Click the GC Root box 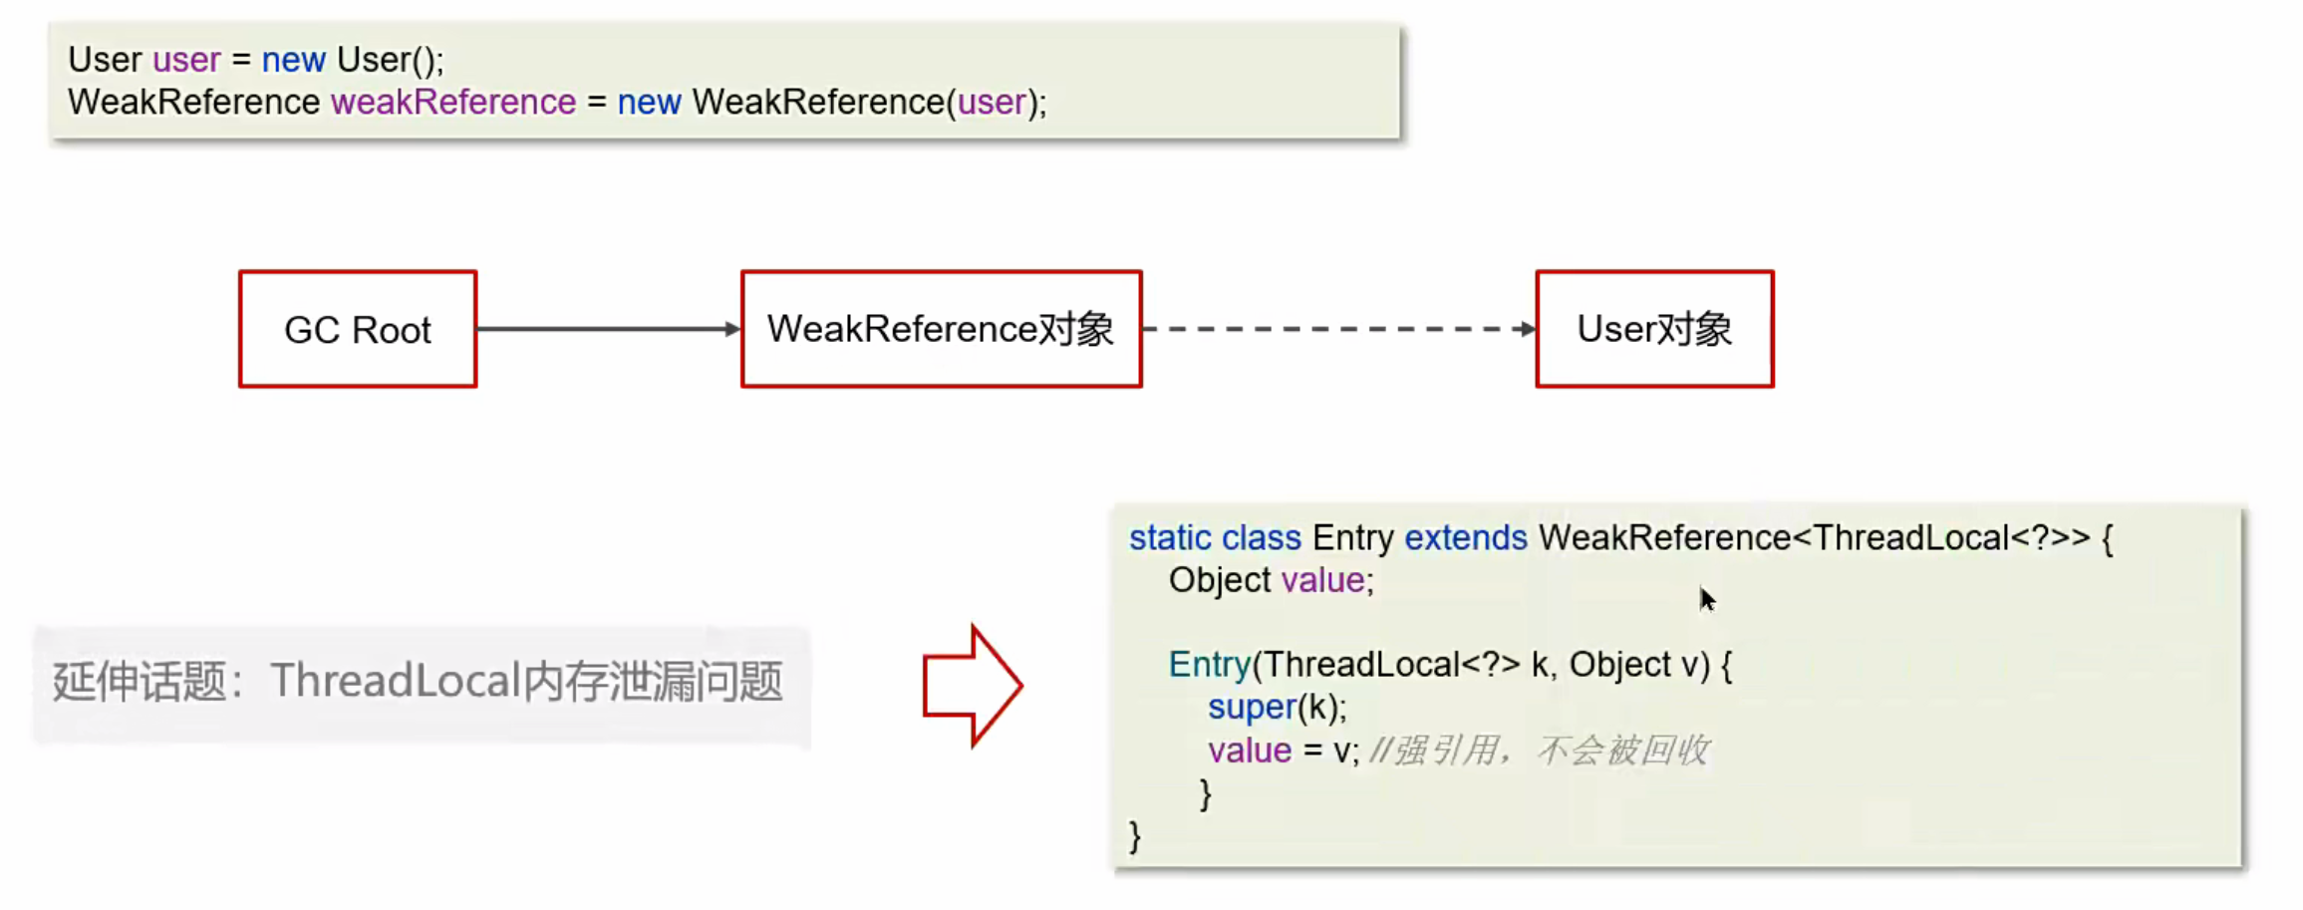click(x=358, y=329)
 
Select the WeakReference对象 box click(x=941, y=329)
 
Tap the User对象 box click(x=1654, y=329)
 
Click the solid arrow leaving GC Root click(x=608, y=329)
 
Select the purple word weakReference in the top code click(x=453, y=102)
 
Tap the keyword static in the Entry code click(x=1170, y=538)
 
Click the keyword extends click(x=1465, y=538)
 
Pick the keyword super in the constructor click(x=1252, y=708)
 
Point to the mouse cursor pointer click(x=1707, y=598)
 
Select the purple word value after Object click(x=1322, y=580)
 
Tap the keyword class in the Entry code click(x=1262, y=538)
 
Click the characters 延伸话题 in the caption click(x=140, y=682)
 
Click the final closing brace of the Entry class click(x=1134, y=835)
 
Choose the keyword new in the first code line click(x=293, y=60)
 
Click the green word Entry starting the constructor click(x=1209, y=665)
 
